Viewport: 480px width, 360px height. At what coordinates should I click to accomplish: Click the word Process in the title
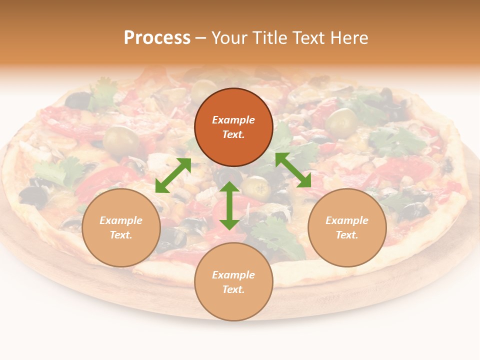157,38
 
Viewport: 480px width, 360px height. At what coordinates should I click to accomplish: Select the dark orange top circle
233,127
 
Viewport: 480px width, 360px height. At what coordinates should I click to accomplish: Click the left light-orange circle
121,227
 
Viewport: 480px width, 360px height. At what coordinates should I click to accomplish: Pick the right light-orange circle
347,227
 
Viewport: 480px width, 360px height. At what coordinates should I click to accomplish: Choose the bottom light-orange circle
233,282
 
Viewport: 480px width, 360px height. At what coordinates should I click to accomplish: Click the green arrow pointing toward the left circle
173,175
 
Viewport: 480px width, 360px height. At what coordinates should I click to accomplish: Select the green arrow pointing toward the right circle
293,170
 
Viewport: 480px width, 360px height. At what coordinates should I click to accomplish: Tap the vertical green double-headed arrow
229,205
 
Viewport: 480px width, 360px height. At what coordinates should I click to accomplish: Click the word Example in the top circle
233,120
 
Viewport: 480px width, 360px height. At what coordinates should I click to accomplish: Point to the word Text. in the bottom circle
233,289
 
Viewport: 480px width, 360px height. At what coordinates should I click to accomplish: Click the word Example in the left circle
121,220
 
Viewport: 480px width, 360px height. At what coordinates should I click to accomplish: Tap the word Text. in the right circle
347,235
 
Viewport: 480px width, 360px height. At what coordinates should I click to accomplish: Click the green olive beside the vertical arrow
256,187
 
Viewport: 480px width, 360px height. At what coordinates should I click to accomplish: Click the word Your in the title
229,38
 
